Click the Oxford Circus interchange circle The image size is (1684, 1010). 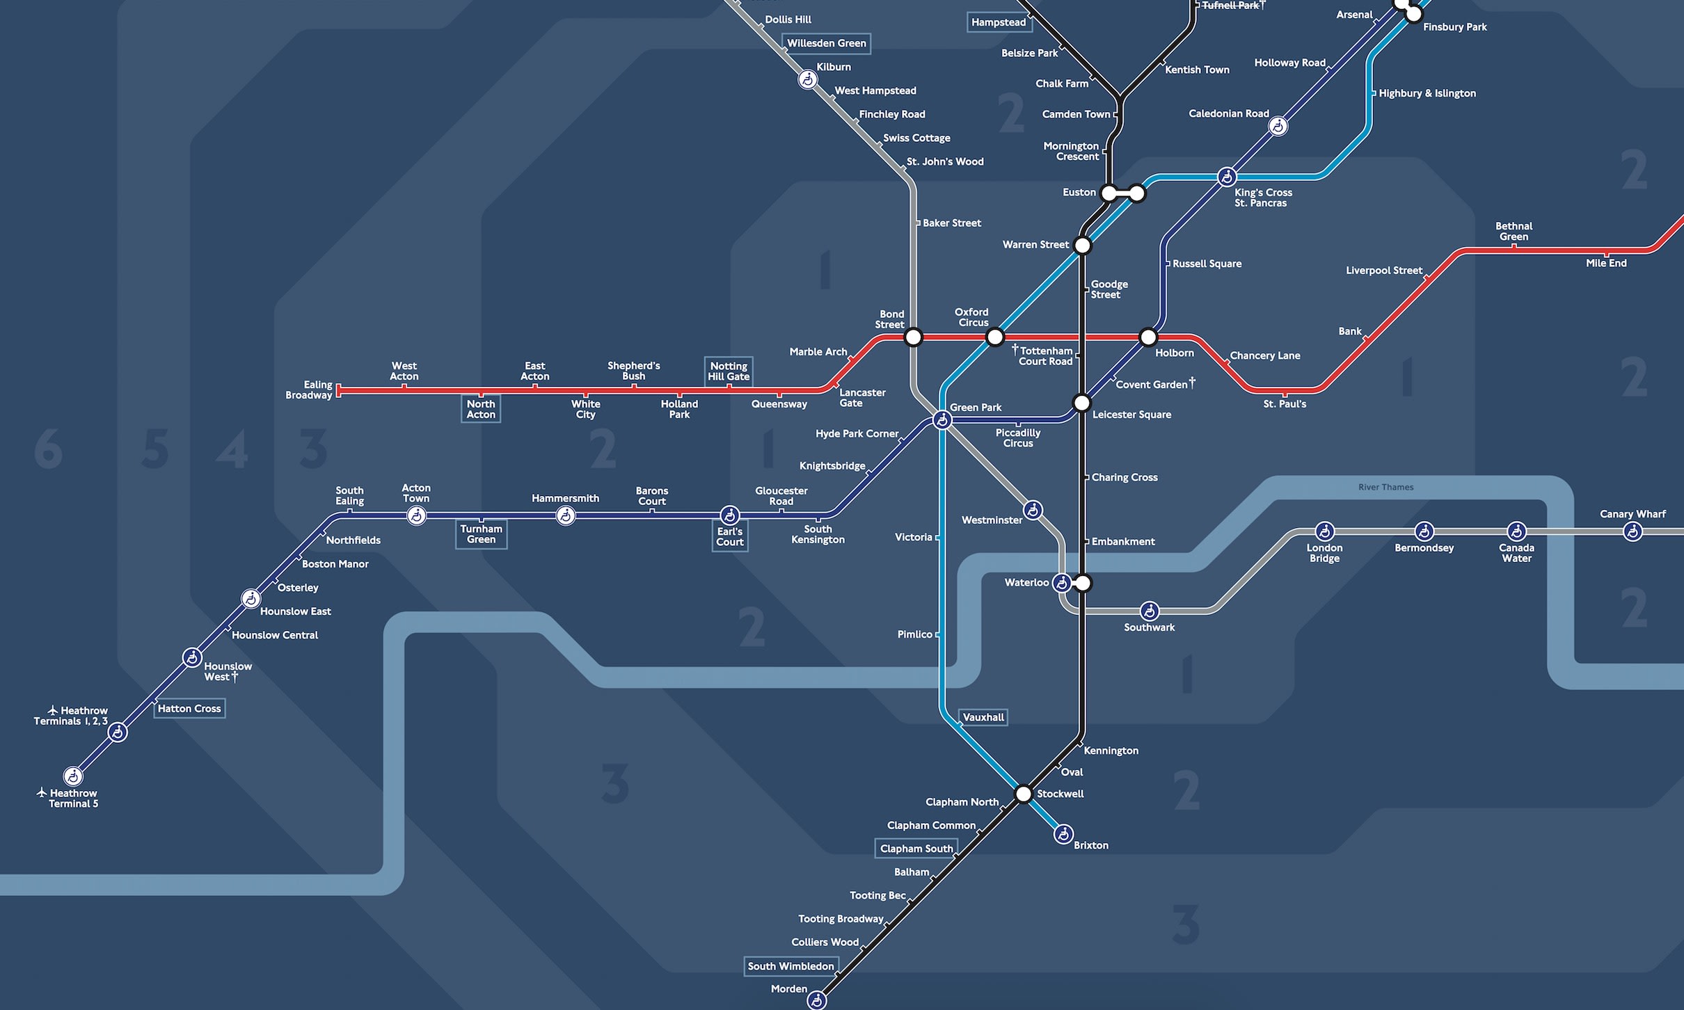coord(995,337)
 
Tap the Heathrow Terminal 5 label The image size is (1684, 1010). coord(72,799)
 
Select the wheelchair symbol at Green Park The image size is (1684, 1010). coord(942,420)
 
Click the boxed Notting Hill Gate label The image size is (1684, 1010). coord(729,371)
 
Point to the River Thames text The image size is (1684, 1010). coord(1385,487)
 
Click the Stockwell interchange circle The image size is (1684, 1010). coord(1023,794)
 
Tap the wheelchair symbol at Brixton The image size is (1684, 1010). coord(1063,834)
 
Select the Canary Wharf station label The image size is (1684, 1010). coord(1632,514)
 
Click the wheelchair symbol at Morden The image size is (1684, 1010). coord(816,1000)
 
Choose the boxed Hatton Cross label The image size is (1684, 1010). coord(189,709)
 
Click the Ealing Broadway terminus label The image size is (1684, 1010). coord(309,390)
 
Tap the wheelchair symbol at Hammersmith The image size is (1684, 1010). coord(566,515)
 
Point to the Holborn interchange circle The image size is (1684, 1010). coord(1148,337)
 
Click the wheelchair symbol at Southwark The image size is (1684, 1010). coord(1149,611)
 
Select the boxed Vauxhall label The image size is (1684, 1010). coord(983,717)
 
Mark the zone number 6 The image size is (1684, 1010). coord(48,449)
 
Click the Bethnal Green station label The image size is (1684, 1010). coord(1514,231)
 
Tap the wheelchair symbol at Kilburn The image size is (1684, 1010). coord(807,80)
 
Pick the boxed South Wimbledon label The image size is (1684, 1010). coord(791,966)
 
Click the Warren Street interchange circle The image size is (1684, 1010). coord(1082,245)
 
